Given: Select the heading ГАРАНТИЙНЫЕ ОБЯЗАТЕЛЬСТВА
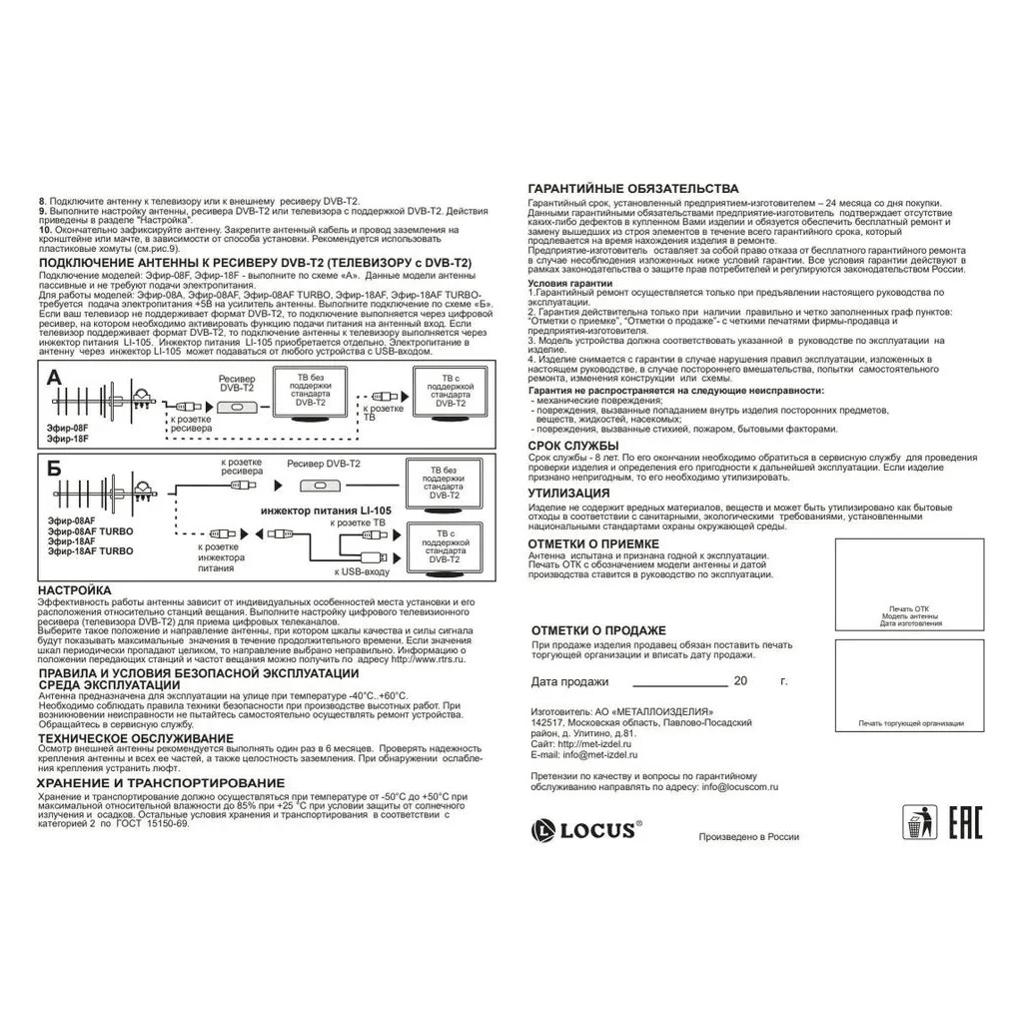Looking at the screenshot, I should click(633, 189).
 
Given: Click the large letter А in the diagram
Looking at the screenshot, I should click(53, 378).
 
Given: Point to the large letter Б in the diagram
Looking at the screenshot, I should click(53, 468).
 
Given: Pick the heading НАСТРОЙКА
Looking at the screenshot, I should click(75, 590).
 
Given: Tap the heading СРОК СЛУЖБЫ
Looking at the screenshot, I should click(573, 446).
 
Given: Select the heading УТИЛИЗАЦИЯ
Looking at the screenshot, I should click(568, 494).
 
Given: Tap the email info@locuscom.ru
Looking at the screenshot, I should click(740, 787).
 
